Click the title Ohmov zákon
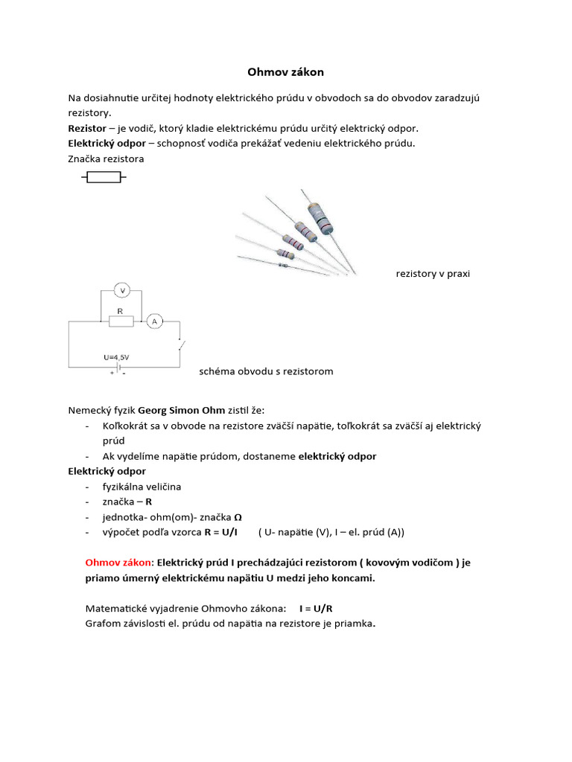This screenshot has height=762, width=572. click(x=285, y=72)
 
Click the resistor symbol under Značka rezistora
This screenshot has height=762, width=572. click(x=104, y=177)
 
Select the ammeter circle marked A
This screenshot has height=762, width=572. click(x=154, y=321)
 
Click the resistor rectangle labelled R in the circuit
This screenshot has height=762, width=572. click(x=121, y=321)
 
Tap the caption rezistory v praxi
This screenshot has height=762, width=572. click(x=432, y=274)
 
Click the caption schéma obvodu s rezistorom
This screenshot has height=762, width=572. click(x=266, y=371)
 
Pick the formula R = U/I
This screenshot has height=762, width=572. click(x=220, y=532)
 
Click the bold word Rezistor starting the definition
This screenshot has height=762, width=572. click(x=87, y=128)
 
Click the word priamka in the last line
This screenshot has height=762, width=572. click(x=353, y=624)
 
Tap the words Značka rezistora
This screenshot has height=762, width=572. click(x=106, y=159)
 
